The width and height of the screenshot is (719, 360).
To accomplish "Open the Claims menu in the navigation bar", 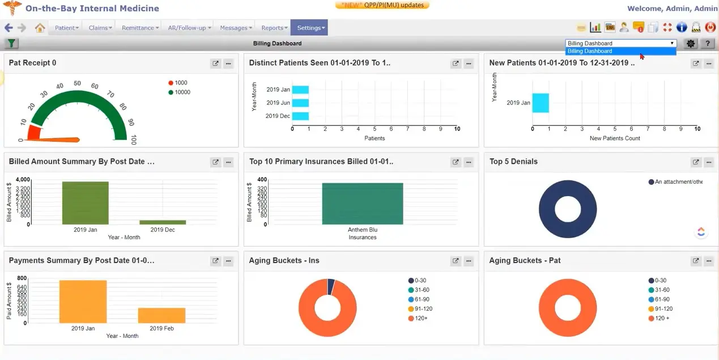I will (100, 28).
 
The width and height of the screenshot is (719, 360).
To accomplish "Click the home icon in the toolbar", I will (40, 28).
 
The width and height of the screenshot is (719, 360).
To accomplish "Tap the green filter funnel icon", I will (11, 44).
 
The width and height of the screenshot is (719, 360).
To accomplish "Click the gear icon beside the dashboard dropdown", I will (690, 44).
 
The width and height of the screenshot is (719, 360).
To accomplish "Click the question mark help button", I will (707, 44).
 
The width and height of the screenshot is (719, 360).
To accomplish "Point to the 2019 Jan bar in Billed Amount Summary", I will (85, 203).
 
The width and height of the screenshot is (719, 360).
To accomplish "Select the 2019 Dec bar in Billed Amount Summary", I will (162, 222).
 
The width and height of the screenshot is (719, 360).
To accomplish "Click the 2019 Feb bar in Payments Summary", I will (161, 315).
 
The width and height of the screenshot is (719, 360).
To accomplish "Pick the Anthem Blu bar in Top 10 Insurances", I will (362, 204).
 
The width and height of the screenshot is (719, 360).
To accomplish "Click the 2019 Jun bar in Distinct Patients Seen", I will (300, 103).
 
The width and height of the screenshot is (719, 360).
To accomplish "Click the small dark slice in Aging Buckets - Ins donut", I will (331, 286).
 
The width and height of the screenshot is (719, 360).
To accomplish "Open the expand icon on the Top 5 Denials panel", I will (696, 162).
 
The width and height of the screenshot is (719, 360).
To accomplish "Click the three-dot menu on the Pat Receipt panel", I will (228, 63).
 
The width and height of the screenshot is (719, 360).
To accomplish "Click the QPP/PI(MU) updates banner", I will (382, 5).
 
